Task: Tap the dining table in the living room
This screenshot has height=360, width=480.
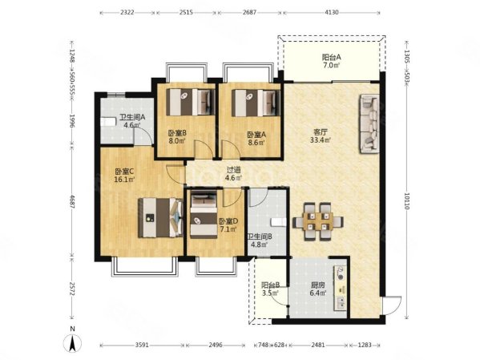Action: [x=318, y=221]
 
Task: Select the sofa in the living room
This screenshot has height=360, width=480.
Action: [x=369, y=123]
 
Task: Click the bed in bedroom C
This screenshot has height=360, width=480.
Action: [x=160, y=218]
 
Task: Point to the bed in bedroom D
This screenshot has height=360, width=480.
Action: [x=204, y=214]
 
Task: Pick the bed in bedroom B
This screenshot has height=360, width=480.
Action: [x=190, y=102]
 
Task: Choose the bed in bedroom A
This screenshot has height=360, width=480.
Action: [x=256, y=103]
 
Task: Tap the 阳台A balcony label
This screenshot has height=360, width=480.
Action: [x=331, y=57]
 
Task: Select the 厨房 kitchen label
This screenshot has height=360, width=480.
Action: [x=318, y=285]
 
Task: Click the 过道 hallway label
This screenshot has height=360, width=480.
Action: [x=233, y=170]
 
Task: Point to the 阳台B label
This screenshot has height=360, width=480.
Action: [x=270, y=285]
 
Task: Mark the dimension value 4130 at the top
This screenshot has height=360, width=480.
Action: [x=332, y=13]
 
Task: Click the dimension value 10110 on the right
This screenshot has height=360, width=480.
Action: [x=406, y=201]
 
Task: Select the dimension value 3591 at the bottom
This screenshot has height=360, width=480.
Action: [x=142, y=345]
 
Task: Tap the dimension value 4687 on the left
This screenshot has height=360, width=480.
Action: [x=72, y=201]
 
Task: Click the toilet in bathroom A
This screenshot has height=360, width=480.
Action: [x=108, y=122]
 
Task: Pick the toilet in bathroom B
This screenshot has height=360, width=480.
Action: [x=279, y=222]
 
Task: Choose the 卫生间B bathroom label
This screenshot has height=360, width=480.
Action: [x=260, y=237]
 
